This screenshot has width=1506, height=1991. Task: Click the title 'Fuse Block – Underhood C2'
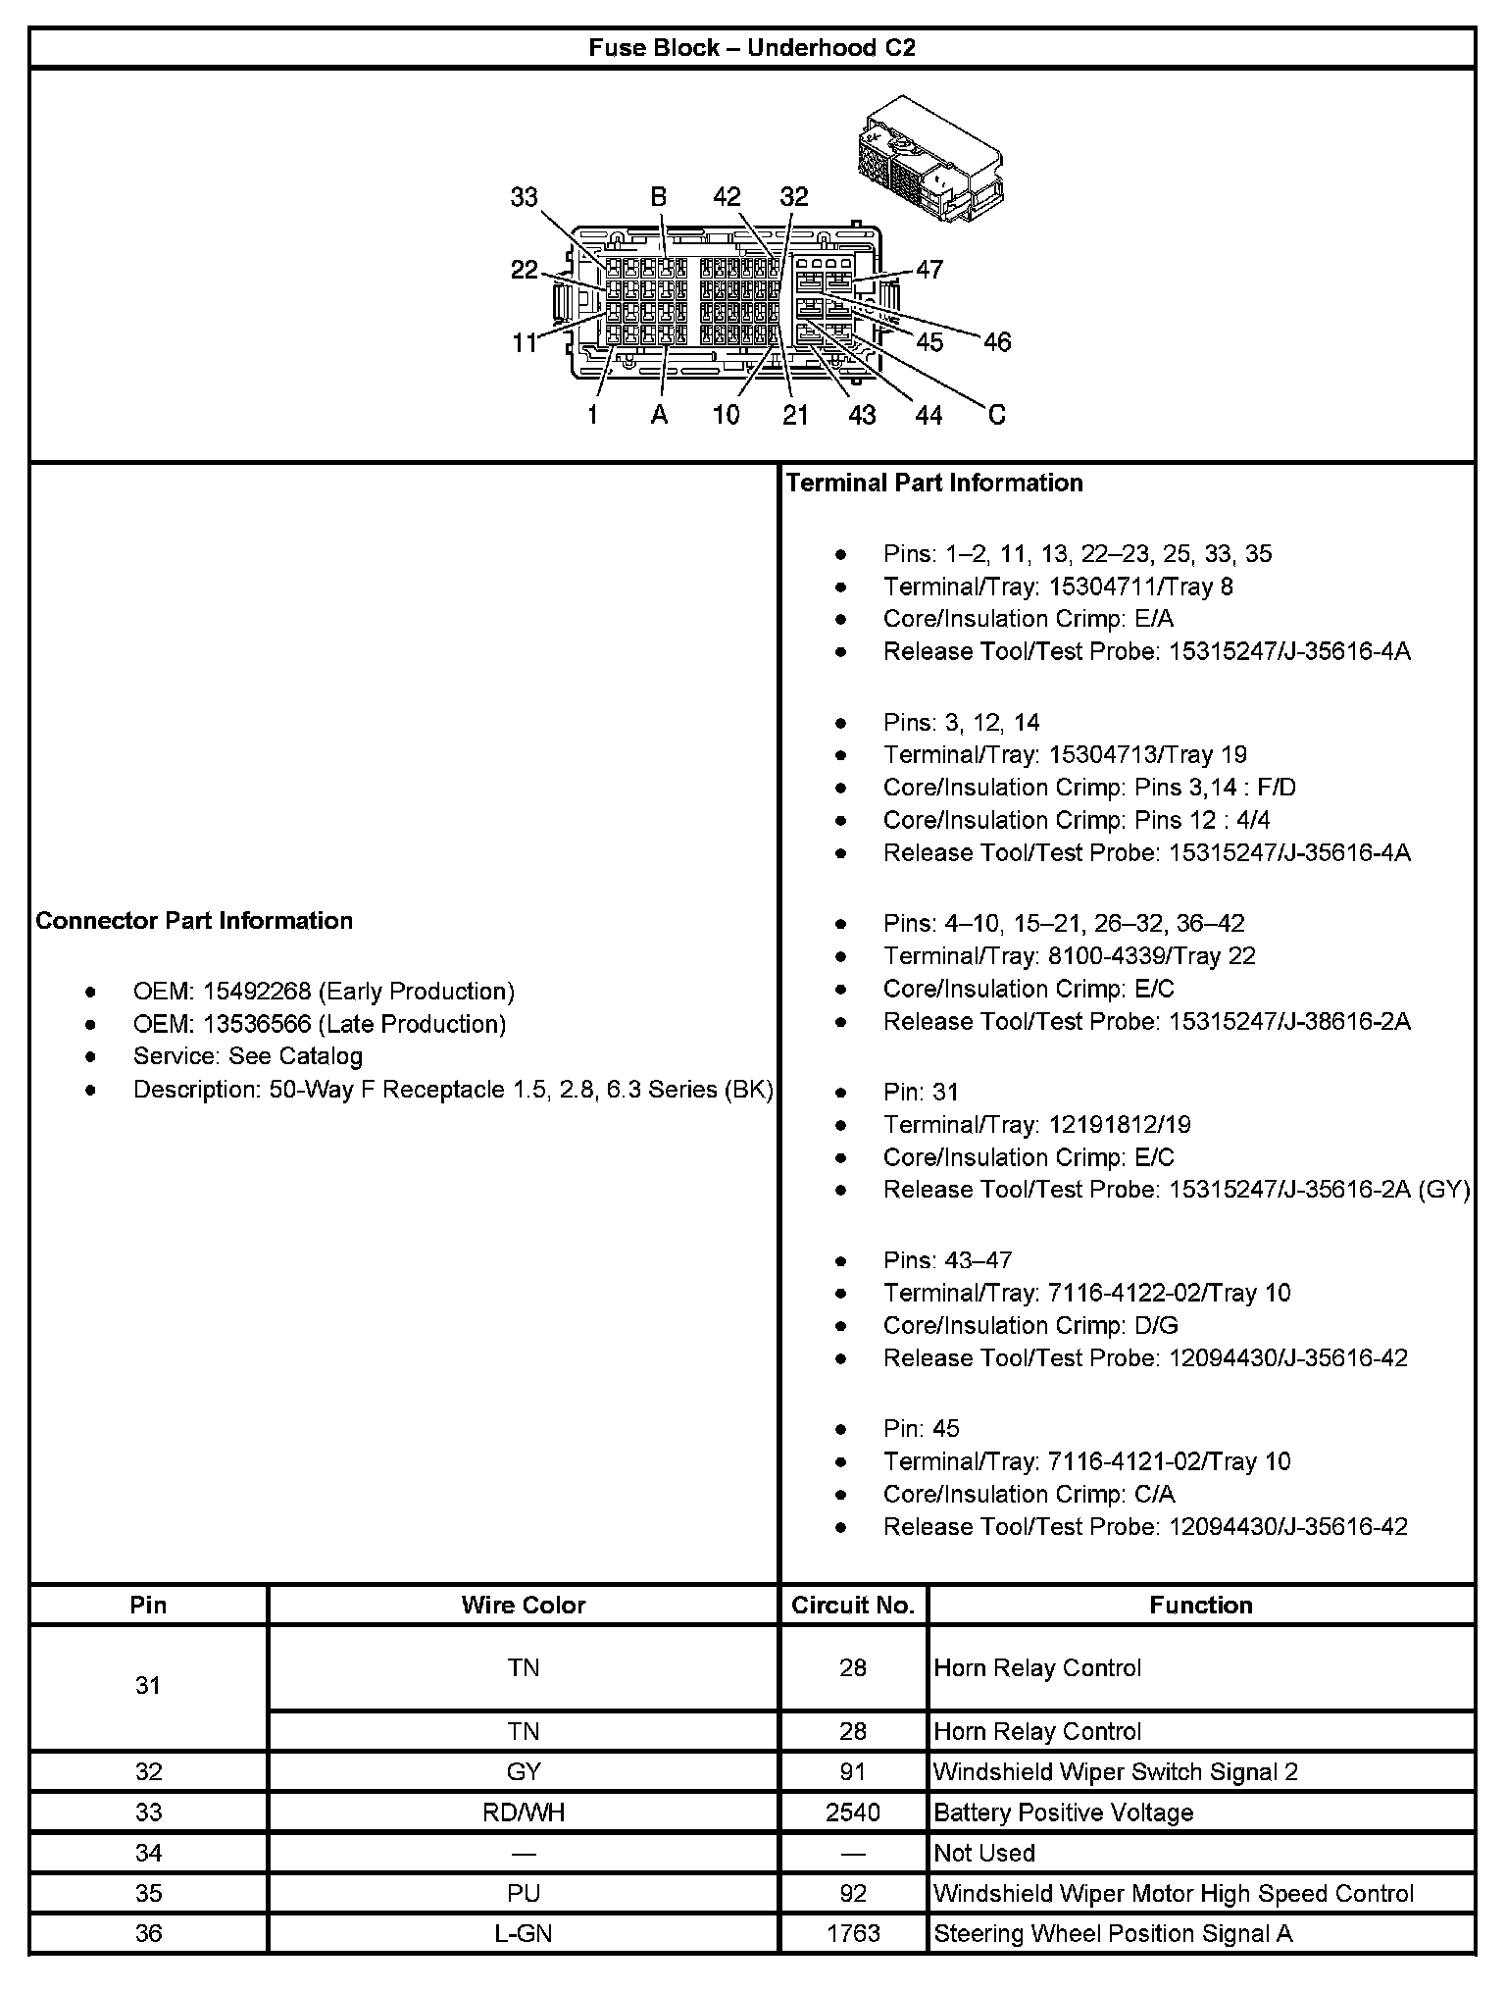(x=752, y=48)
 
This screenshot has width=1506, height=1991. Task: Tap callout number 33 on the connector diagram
(x=525, y=197)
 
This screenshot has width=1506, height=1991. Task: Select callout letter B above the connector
(x=659, y=197)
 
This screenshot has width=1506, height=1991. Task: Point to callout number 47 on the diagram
(x=929, y=269)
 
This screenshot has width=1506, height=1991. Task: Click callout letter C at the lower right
(x=996, y=415)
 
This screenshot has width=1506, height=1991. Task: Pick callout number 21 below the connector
(x=795, y=415)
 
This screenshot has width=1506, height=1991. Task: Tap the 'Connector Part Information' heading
(x=194, y=920)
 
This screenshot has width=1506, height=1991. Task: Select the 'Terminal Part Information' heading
(x=934, y=483)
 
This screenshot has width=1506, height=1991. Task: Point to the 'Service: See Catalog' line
(x=247, y=1056)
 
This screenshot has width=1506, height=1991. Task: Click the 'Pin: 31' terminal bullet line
(x=921, y=1092)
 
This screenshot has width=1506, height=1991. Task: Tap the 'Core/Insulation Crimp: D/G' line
(x=1030, y=1325)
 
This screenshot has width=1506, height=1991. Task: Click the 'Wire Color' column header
(x=523, y=1605)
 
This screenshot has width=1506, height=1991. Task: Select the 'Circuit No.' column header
(x=853, y=1605)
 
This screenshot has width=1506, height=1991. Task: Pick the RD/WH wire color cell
(x=523, y=1812)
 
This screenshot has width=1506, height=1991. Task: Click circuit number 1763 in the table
(x=853, y=1933)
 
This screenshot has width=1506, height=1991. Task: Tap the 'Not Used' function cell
(x=984, y=1853)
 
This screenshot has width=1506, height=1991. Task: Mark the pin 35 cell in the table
(x=148, y=1893)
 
